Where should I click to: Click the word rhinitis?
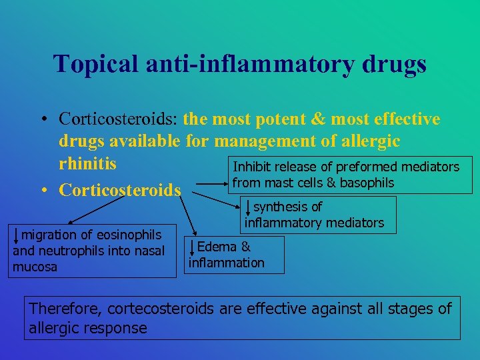[x=87, y=163]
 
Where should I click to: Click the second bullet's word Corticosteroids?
[x=120, y=190]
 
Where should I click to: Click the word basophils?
[x=364, y=183]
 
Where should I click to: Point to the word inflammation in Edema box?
[x=227, y=263]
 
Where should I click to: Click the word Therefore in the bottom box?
[x=65, y=309]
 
